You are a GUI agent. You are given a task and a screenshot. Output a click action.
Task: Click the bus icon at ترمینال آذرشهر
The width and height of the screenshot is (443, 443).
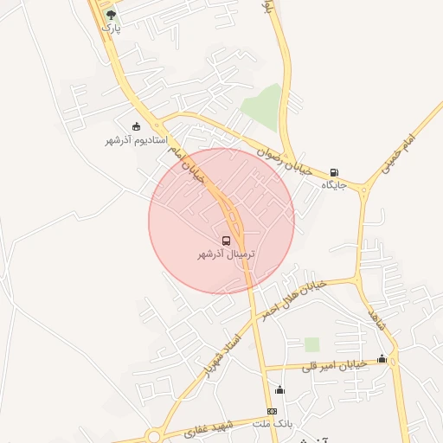[x=226, y=240]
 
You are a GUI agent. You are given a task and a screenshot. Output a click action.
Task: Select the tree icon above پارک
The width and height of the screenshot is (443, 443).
[x=110, y=15]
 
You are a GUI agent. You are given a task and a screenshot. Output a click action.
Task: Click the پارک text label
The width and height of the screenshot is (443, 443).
[x=110, y=28]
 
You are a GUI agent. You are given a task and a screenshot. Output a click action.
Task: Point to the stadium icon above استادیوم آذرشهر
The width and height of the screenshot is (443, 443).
[x=136, y=126]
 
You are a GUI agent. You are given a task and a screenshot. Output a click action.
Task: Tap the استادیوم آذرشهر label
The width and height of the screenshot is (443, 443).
[x=136, y=140]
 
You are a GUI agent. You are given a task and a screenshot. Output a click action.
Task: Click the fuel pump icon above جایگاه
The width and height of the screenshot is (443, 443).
[x=335, y=171]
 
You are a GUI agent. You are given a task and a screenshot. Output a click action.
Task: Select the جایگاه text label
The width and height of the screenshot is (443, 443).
[x=335, y=185]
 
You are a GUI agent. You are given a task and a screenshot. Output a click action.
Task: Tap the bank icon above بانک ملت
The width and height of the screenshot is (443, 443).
[x=272, y=411]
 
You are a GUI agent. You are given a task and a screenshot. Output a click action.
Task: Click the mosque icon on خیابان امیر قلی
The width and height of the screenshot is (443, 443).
[x=382, y=359]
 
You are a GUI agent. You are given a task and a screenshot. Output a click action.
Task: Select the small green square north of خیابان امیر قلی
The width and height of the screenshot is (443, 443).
[x=311, y=344]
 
